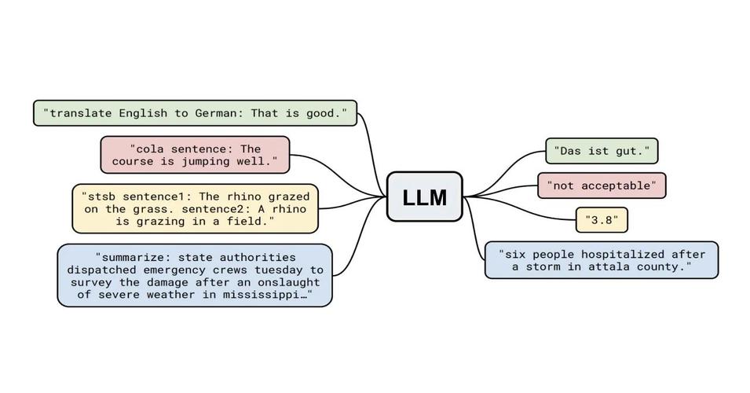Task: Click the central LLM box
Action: coord(425,196)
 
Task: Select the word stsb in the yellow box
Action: coord(101,196)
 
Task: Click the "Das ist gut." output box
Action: coord(602,151)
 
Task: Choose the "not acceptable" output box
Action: coord(602,185)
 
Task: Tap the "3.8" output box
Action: coord(602,220)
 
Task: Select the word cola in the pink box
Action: coord(150,149)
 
